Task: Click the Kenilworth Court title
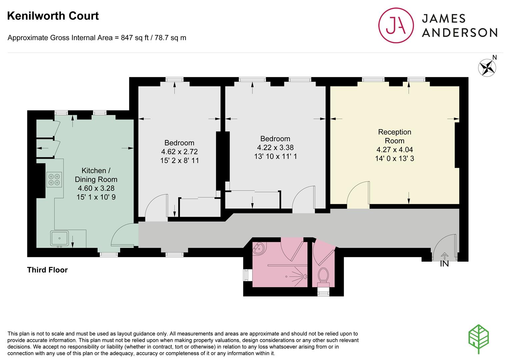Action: (x=53, y=16)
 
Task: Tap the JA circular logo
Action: (x=396, y=25)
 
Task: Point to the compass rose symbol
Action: (x=487, y=68)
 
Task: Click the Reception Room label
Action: (x=395, y=136)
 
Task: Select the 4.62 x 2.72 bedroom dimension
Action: (x=180, y=151)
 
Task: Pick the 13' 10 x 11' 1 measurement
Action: (x=275, y=156)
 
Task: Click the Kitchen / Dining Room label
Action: (x=96, y=175)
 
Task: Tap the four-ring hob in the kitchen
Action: (x=54, y=179)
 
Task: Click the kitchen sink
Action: (x=59, y=238)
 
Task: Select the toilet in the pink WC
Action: (x=323, y=277)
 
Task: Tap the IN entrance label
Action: (x=444, y=264)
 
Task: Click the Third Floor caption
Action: (x=47, y=270)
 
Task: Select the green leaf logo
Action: (x=478, y=339)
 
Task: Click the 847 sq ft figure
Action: (x=135, y=38)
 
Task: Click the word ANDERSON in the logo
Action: (x=460, y=33)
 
